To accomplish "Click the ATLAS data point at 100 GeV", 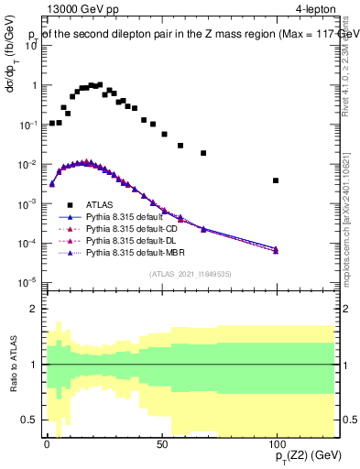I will click(276, 180).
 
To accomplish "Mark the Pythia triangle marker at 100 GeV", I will click(276, 249).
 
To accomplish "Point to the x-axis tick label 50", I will click(161, 442).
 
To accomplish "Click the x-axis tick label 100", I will click(276, 442).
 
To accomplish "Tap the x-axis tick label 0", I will click(47, 442).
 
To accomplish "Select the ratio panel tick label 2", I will click(34, 310).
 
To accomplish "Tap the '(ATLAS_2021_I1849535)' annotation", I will click(190, 273).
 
